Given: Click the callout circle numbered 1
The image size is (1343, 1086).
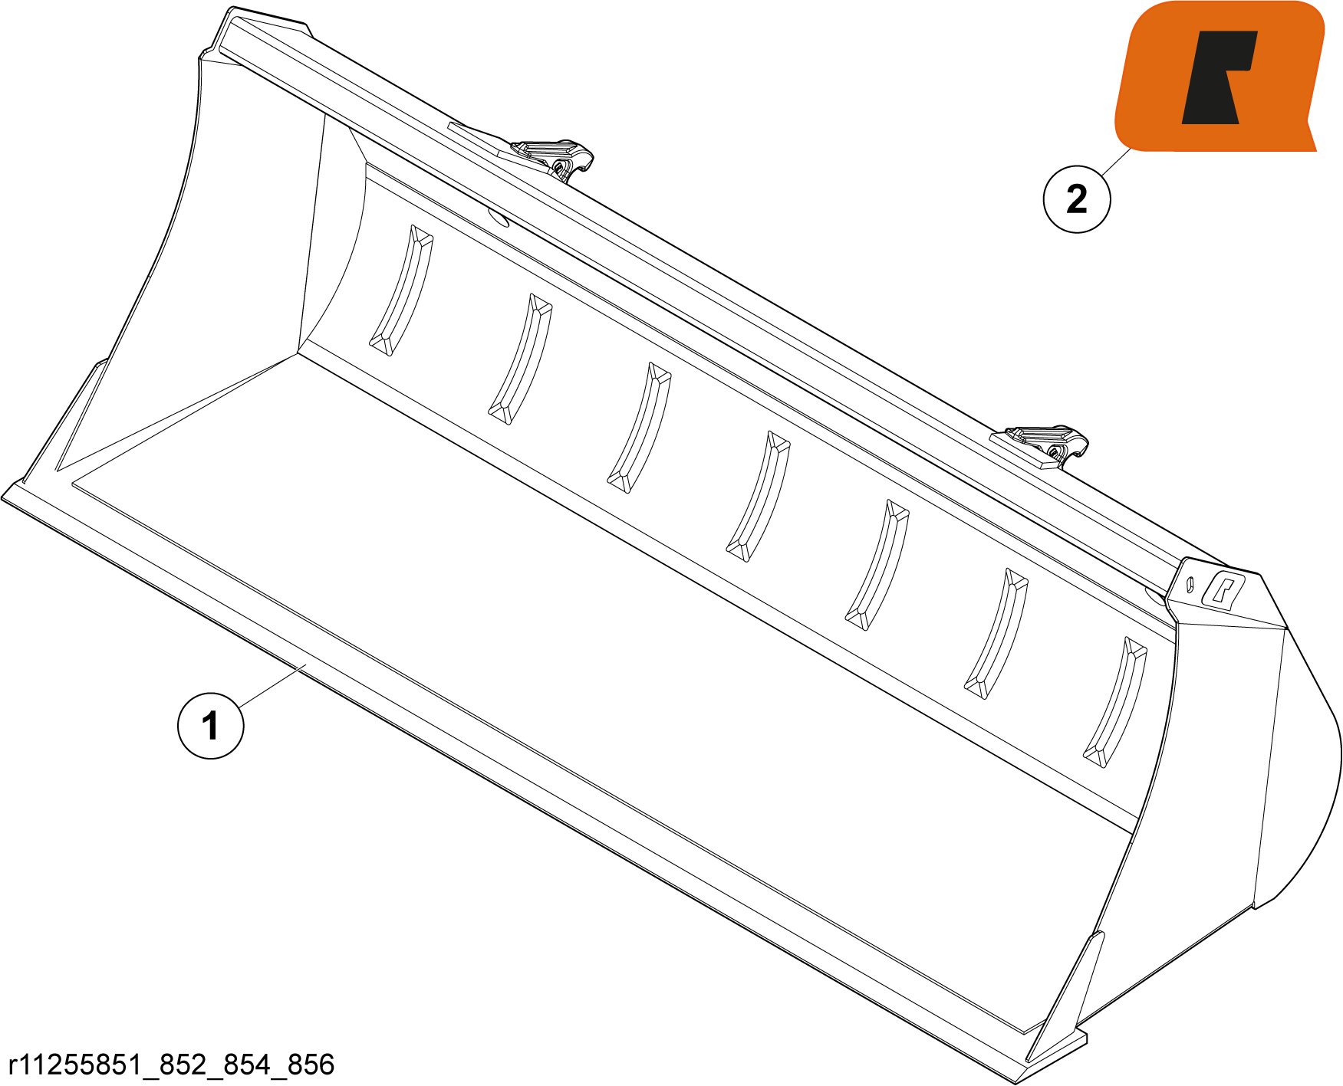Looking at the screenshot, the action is [211, 725].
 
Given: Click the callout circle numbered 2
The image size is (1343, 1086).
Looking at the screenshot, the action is [1077, 198].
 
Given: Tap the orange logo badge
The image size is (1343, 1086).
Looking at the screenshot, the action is [1220, 77].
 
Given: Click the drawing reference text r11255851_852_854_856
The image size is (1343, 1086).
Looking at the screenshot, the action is [171, 1065].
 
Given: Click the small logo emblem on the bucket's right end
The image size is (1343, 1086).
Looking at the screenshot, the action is [1223, 591].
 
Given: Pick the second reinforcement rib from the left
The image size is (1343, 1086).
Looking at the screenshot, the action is [521, 359].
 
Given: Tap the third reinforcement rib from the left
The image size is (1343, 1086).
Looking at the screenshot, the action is [640, 428].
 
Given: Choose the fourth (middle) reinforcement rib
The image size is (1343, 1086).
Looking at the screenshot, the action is [759, 496].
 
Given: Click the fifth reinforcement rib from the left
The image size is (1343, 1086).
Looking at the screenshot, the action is [877, 565].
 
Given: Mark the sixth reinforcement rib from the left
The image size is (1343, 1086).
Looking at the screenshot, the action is [996, 633].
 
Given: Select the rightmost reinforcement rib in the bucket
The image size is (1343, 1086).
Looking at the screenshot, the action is [1115, 702].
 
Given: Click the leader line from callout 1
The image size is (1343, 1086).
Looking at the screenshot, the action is [272, 686].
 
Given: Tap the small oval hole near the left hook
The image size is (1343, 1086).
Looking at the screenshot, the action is [499, 220].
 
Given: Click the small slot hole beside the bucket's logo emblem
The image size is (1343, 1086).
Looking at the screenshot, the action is [1190, 584].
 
